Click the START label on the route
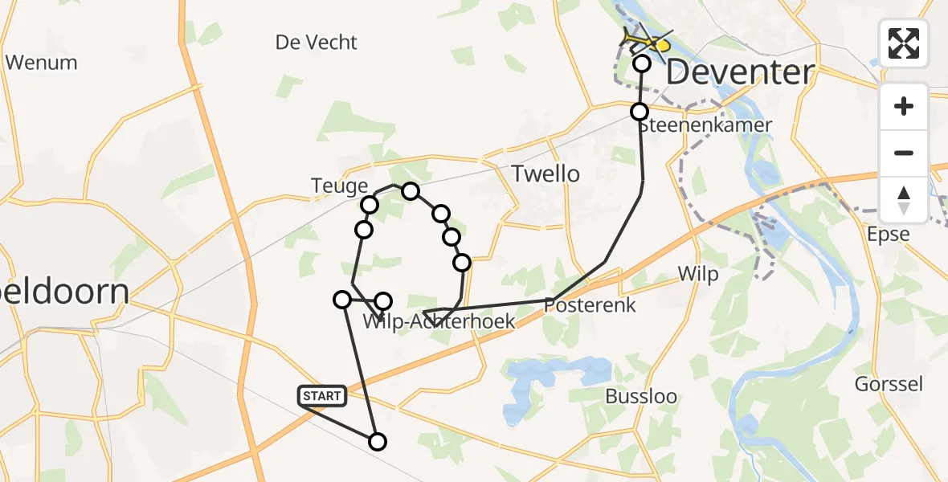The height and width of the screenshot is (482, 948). pos(322,395)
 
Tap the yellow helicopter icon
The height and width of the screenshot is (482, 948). pos(646,41)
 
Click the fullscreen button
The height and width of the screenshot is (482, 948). pos(904,43)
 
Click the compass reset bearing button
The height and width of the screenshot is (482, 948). pos(904,200)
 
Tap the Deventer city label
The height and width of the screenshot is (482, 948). pos(740,73)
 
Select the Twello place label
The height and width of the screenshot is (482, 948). pos(546,173)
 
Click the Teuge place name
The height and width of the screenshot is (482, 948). pos(339,186)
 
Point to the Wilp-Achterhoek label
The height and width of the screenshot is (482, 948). pos(439,322)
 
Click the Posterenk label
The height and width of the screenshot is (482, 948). pos(590,305)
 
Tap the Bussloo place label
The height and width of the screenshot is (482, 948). pos(640,397)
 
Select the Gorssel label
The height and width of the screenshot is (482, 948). pos(888,384)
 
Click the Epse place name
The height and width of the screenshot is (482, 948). pos(889,235)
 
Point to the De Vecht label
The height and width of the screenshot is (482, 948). pos(316,42)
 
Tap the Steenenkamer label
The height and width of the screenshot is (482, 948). pos(694,125)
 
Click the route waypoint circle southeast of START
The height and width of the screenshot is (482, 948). pos(377,441)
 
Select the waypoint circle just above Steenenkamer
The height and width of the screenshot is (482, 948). pos(639,112)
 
